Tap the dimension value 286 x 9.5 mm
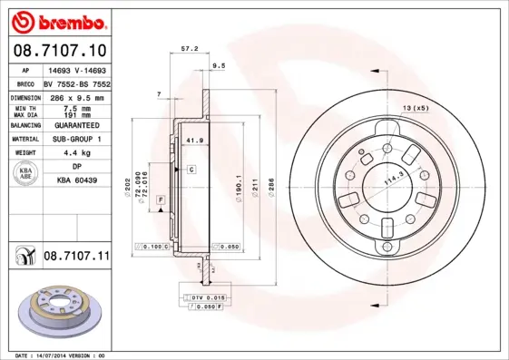pyautogui.click(x=76, y=96)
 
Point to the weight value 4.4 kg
pyautogui.click(x=75, y=153)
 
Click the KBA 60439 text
pyautogui.click(x=75, y=180)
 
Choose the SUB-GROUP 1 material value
pyautogui.click(x=76, y=139)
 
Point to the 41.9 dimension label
pyautogui.click(x=192, y=141)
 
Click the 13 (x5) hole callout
pyautogui.click(x=415, y=109)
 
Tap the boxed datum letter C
pyautogui.click(x=192, y=170)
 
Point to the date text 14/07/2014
pyautogui.click(x=60, y=355)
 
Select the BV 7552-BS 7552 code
pyautogui.click(x=76, y=83)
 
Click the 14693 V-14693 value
pyautogui.click(x=76, y=69)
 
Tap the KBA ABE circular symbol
pyautogui.click(x=25, y=173)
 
